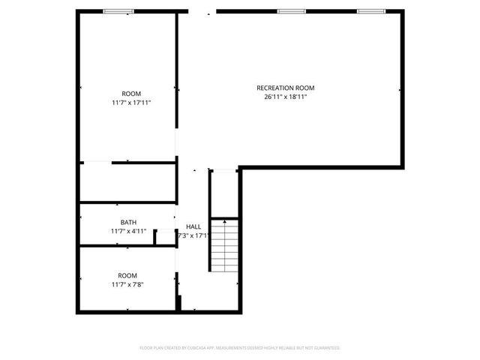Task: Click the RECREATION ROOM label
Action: click(286, 88)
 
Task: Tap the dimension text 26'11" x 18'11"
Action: click(286, 97)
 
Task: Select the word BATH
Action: click(128, 222)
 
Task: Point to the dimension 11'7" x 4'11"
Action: click(128, 231)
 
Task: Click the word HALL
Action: click(193, 226)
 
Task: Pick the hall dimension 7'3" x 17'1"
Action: click(193, 235)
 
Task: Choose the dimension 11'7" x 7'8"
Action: click(127, 284)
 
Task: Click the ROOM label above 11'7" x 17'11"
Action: click(131, 94)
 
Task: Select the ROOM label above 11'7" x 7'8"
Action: click(127, 275)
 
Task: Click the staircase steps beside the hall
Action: click(223, 247)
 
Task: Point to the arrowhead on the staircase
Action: click(223, 223)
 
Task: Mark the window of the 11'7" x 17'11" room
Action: click(119, 11)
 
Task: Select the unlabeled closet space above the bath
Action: click(127, 182)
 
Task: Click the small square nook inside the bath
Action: click(165, 238)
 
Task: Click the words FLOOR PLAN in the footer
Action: click(151, 348)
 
